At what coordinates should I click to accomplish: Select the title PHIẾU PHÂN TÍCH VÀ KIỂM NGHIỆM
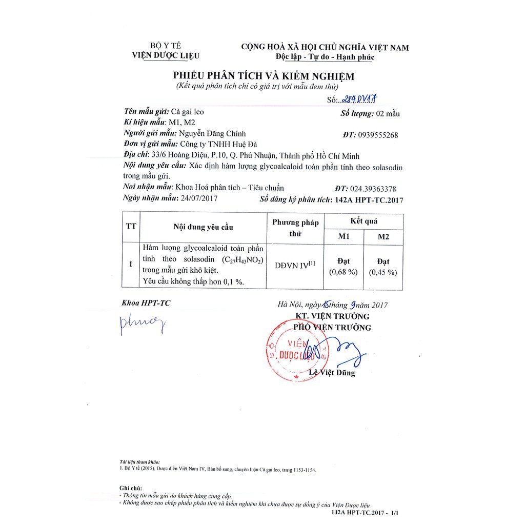(264, 76)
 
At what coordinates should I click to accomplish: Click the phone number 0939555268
(377, 135)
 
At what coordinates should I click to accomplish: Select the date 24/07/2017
(200, 199)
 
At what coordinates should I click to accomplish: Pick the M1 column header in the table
(344, 236)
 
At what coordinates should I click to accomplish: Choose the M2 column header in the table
(383, 236)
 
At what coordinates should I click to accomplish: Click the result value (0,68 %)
(344, 272)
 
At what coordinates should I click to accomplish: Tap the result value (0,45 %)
(383, 272)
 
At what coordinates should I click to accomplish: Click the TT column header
(131, 226)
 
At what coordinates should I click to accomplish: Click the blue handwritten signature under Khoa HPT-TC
(143, 324)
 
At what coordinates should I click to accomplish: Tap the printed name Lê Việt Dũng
(332, 373)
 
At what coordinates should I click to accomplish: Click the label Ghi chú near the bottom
(130, 489)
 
